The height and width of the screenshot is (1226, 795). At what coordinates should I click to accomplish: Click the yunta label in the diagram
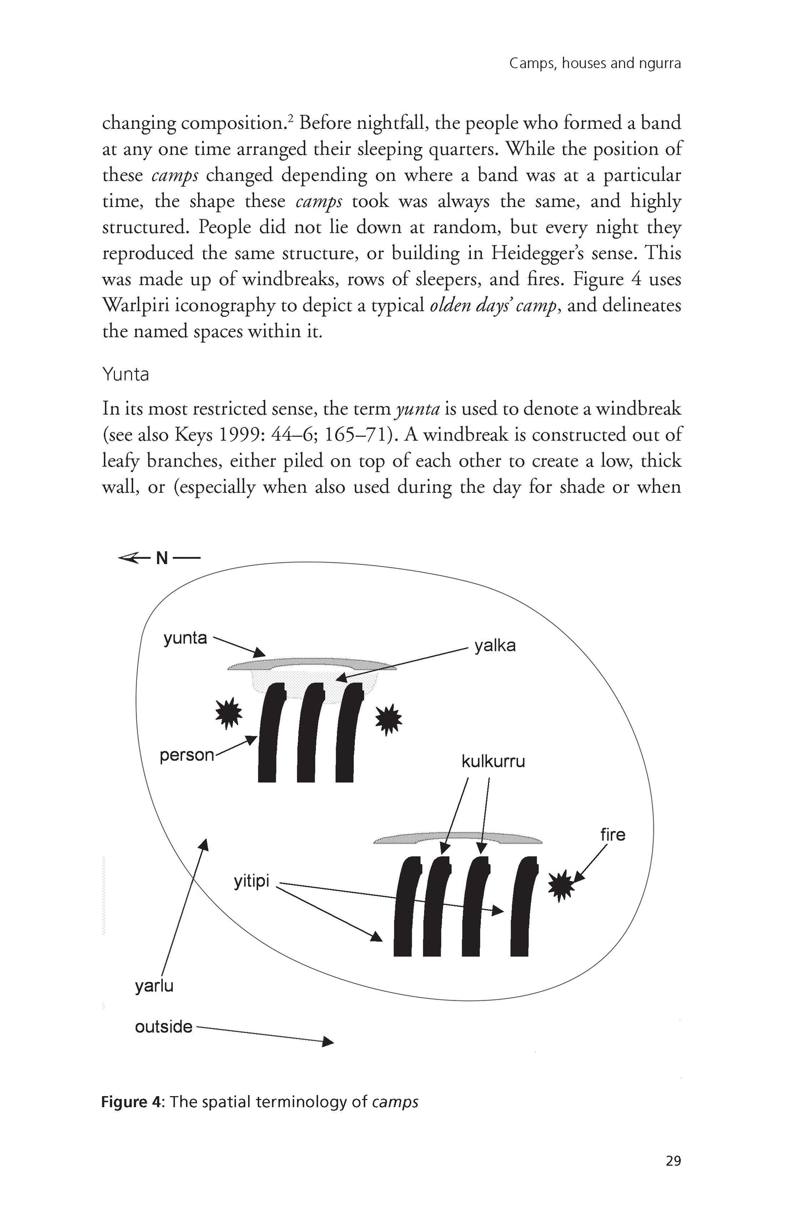tap(185, 639)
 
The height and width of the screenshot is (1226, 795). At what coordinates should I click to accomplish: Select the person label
tap(187, 755)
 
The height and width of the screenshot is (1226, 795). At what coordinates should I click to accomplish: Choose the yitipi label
tap(251, 882)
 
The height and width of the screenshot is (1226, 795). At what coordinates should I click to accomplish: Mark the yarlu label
tap(154, 986)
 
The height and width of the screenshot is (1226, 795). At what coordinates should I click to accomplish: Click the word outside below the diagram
tap(163, 1027)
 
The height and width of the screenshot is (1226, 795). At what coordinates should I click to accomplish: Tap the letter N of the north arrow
tap(162, 558)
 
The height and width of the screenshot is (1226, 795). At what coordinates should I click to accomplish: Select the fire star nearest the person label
tap(226, 713)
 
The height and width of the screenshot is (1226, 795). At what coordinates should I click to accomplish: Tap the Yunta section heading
tap(125, 375)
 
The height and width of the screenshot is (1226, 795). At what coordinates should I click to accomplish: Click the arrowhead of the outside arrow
tap(328, 1042)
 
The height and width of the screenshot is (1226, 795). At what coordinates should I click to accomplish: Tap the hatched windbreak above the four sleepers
tap(457, 839)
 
